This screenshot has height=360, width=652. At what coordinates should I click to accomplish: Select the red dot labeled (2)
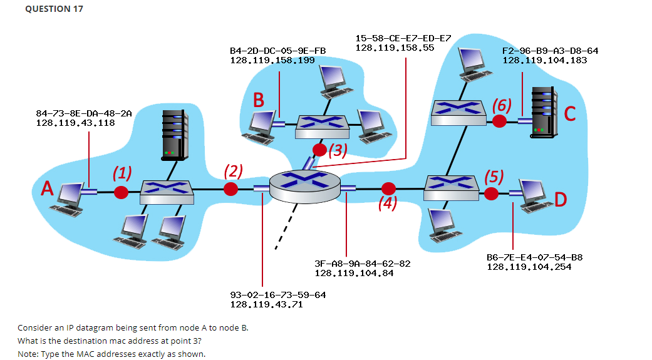point(232,188)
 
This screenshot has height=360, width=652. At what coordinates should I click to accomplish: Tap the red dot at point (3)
point(319,149)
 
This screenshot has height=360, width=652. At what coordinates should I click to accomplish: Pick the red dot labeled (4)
point(389,188)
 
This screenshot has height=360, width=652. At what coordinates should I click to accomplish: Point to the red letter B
point(259,100)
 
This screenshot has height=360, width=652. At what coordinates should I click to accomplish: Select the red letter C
point(569,114)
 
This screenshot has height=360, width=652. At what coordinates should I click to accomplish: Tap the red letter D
point(560,200)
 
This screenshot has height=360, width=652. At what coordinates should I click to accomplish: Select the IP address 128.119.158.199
point(272,60)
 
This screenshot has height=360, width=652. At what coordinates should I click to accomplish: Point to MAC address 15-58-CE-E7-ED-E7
point(403,38)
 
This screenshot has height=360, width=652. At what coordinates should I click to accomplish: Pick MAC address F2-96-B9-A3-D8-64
point(550,51)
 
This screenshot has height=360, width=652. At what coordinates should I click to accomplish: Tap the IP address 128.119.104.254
point(529,267)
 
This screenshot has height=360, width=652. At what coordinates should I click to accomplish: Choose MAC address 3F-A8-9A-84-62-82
point(362,264)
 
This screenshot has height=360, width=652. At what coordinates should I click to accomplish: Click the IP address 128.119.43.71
point(266,304)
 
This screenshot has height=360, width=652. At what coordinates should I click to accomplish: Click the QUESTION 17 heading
point(53,9)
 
